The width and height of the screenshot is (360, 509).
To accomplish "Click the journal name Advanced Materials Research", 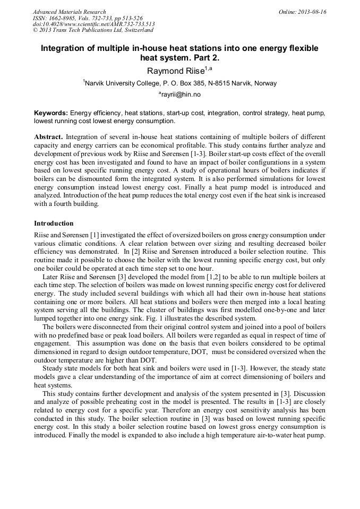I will [69, 12].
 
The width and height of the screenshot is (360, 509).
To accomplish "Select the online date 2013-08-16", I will [312, 12].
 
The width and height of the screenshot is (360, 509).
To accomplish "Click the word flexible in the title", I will [301, 48].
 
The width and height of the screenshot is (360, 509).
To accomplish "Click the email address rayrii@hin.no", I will [181, 94].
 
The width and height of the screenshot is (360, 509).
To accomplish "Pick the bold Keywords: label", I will [51, 113].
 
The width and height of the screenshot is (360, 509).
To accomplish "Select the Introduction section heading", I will [54, 223].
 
